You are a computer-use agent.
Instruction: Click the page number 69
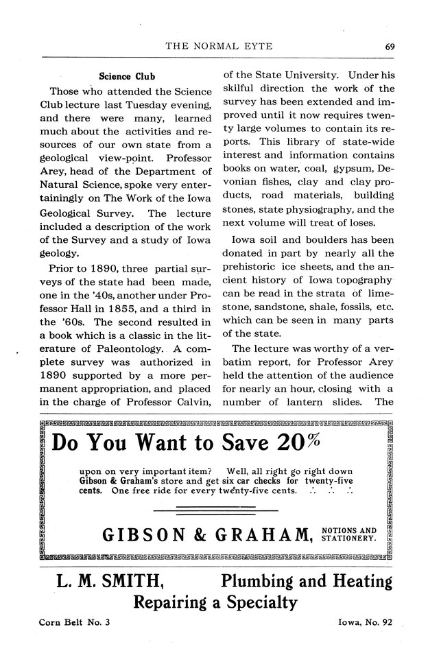tap(388, 47)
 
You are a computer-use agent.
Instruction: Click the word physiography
tap(322, 210)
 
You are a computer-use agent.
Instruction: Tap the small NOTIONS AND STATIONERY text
tap(348, 534)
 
